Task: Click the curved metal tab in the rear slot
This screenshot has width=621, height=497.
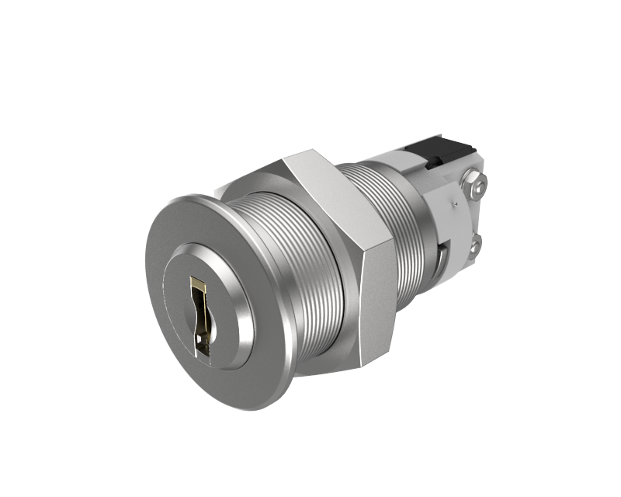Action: pos(440,256)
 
